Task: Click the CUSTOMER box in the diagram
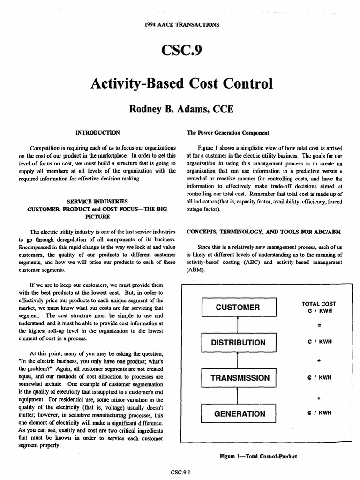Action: (238, 307)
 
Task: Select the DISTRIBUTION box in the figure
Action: (238, 343)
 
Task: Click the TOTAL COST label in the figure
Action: (319, 304)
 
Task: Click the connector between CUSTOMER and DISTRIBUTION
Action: (238, 325)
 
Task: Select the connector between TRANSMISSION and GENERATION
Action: (238, 396)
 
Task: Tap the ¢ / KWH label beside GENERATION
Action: (319, 413)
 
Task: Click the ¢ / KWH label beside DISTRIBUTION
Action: (319, 342)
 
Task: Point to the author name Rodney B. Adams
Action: (162, 109)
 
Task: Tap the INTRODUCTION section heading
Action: (97, 132)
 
